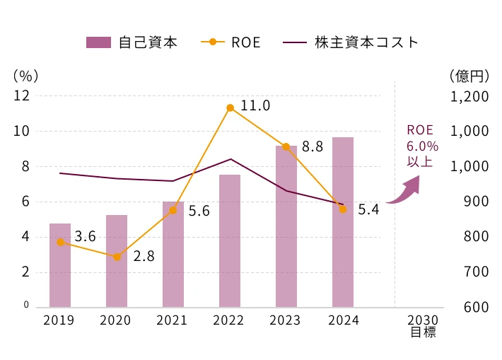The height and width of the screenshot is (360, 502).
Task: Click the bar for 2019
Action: click(60, 265)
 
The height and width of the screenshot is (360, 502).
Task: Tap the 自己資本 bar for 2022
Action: click(230, 240)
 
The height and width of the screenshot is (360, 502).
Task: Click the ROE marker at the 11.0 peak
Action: click(230, 108)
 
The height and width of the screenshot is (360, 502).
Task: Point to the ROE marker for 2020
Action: click(117, 257)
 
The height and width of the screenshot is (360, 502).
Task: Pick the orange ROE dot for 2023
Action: click(286, 146)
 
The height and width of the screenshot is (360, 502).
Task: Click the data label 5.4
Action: click(368, 209)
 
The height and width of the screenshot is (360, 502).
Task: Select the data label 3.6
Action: click(85, 237)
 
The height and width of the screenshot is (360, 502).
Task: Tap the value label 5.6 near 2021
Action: click(199, 211)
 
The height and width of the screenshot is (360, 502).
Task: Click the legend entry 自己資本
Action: click(132, 42)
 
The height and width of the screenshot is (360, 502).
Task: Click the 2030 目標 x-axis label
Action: click(423, 326)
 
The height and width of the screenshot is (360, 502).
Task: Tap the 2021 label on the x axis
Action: click(172, 320)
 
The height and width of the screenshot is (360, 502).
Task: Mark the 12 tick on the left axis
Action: click(21, 96)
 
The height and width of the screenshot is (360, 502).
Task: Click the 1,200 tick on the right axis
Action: click(469, 96)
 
